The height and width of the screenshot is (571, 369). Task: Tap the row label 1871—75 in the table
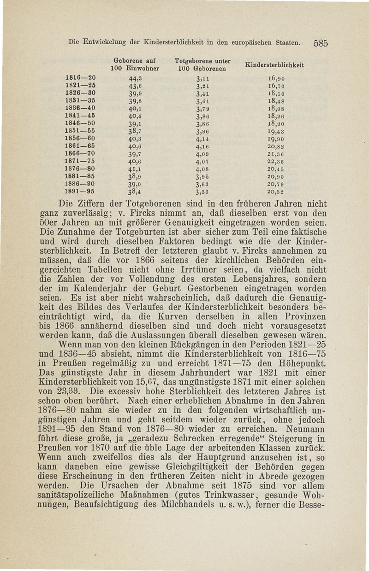pos(79,162)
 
